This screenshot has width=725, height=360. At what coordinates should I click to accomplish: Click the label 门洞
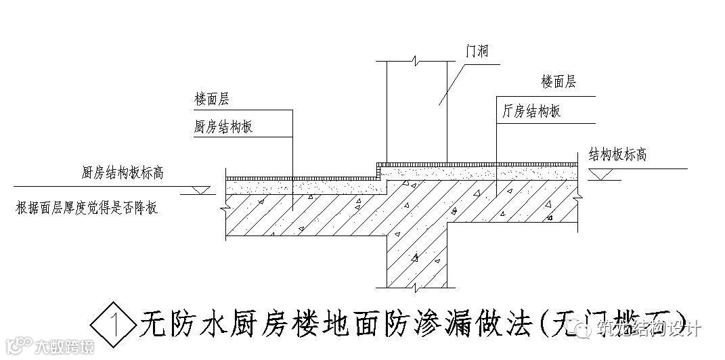[x=478, y=51]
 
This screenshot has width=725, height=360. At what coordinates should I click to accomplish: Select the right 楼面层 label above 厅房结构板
[x=558, y=82]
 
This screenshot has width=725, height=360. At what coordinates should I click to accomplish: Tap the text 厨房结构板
[x=223, y=127]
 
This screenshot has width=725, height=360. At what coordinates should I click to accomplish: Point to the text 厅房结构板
[x=531, y=112]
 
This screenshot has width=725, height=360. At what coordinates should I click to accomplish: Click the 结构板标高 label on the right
[x=617, y=154]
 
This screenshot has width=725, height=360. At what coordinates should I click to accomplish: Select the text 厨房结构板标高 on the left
[x=123, y=173]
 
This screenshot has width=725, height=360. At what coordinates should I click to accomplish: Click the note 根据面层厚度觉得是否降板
[x=86, y=208]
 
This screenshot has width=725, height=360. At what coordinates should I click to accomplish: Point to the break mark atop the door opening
[x=415, y=62]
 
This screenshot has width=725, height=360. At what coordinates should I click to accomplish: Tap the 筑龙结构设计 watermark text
[x=650, y=330]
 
